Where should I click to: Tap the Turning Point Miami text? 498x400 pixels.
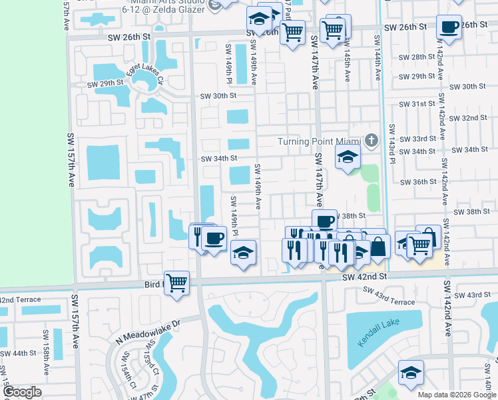[318, 142]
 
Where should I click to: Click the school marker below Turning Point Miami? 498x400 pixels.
[347, 159]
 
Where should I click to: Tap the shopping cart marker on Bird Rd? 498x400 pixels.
[176, 283]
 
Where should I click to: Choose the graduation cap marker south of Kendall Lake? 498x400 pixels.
[411, 373]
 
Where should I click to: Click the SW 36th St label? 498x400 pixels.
[417, 181]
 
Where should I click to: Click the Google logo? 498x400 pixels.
[21, 393]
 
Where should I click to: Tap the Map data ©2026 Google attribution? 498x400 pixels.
[455, 394]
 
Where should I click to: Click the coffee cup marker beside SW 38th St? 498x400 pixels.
[324, 221]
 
